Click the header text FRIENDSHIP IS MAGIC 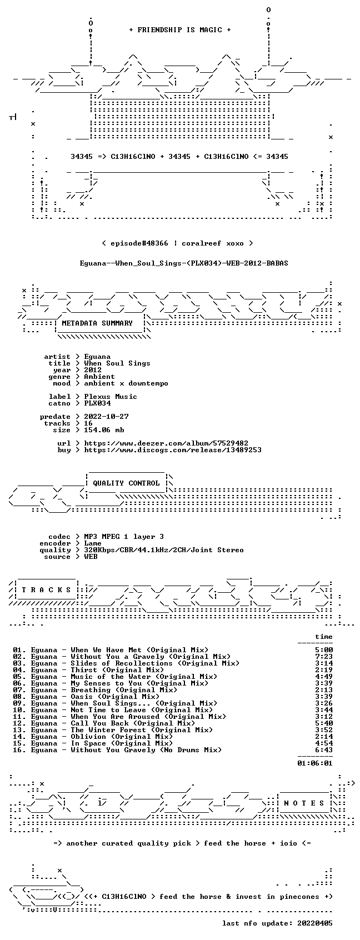coord(180,30)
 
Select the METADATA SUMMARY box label coord(97,323)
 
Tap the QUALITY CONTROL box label coord(126,483)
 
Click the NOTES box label coord(304,803)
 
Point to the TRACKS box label coord(47,589)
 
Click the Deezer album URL coord(166,443)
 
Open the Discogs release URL coord(173,450)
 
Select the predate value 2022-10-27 coord(106,416)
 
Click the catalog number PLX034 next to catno coord(97,403)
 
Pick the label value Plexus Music coord(111,397)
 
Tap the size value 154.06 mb coord(104,429)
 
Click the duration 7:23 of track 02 coord(324,656)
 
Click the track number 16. coord(17,750)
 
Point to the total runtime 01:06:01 coord(314,763)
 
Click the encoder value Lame coord(93,543)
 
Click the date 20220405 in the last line coord(315,923)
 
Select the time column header coord(324,637)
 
